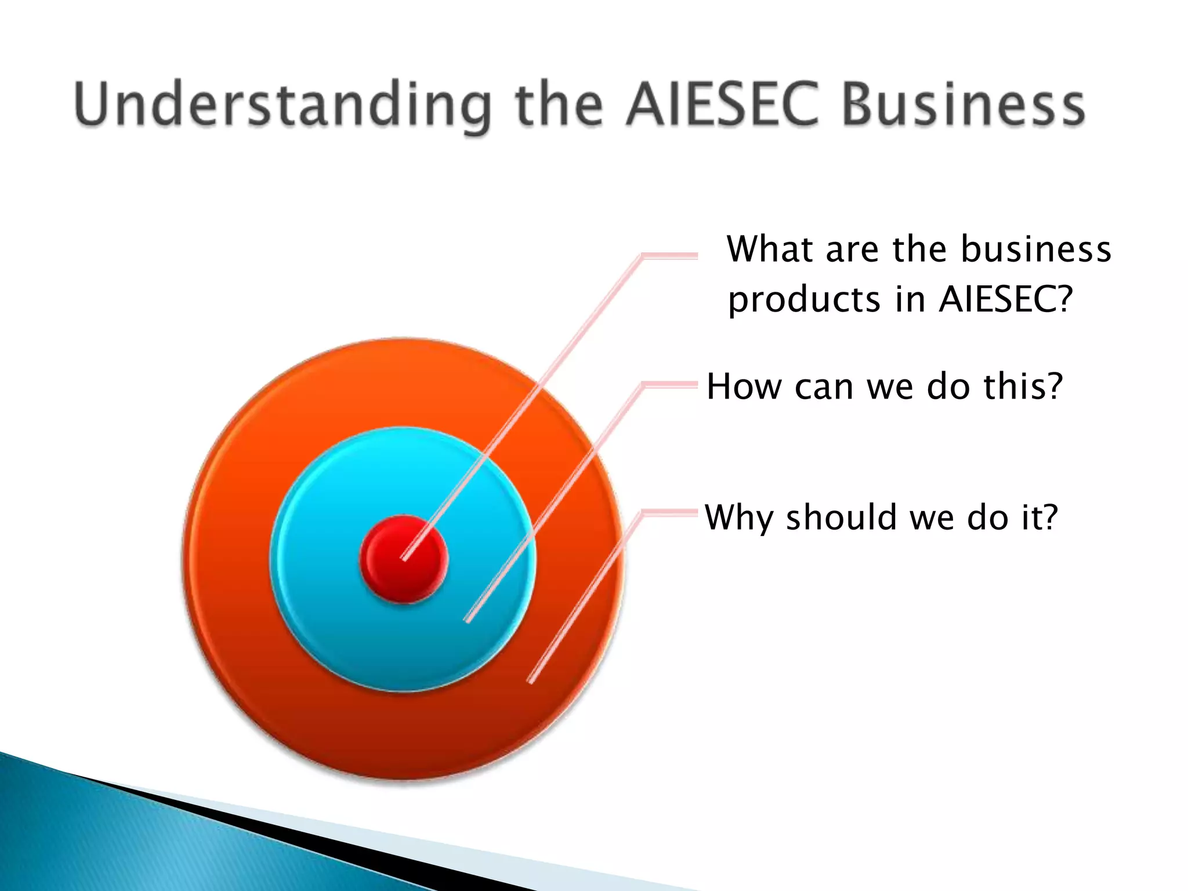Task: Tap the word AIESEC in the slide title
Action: pyautogui.click(x=722, y=104)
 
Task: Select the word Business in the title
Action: pyautogui.click(x=963, y=104)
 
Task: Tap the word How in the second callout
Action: pyautogui.click(x=744, y=386)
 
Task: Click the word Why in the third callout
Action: pyautogui.click(x=739, y=517)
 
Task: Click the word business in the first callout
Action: pyautogui.click(x=1036, y=249)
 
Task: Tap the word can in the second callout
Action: pyautogui.click(x=824, y=387)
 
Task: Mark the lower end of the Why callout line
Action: pyautogui.click(x=530, y=680)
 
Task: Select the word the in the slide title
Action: pyautogui.click(x=559, y=104)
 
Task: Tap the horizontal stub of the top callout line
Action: pyautogui.click(x=670, y=256)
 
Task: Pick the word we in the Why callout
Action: pyautogui.click(x=932, y=517)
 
